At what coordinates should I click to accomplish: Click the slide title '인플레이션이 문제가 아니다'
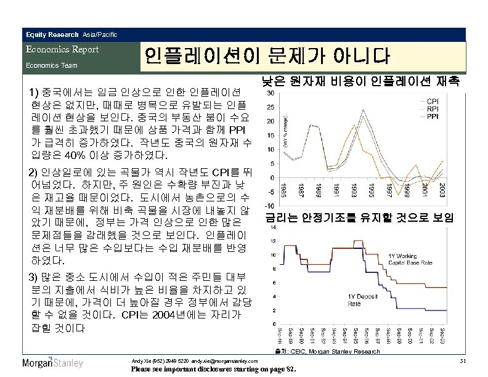coord(267,57)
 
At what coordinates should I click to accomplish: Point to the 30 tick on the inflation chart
coord(270,94)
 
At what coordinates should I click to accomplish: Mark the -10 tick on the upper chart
coord(270,206)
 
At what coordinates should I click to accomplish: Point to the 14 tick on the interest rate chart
coord(272,227)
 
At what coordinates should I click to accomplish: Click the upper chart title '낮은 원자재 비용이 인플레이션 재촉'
coord(359,81)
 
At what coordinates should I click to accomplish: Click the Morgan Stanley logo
coord(52,362)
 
